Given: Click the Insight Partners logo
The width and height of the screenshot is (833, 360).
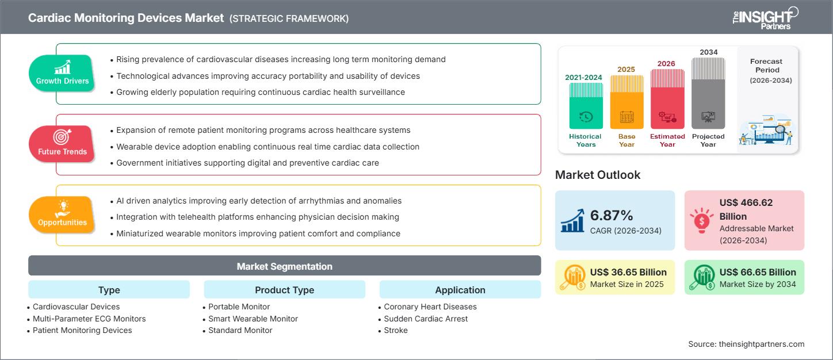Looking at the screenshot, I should pos(765,18).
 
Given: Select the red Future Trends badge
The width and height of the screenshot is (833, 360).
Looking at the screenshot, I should pos(62,144).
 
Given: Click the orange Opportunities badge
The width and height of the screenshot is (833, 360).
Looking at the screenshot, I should pos(62,215).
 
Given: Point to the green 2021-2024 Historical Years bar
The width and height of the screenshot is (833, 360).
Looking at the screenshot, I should pos(586,106).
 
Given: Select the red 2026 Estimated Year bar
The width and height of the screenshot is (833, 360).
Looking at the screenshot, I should pos(667,99).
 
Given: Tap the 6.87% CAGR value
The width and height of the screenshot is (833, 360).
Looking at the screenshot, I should pos(612,216).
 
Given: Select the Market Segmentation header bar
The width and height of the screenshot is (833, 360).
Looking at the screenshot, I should pos(284,266).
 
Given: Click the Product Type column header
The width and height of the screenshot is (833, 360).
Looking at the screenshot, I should pos(284,290).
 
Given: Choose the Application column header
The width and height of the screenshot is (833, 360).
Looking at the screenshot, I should pos(460,290).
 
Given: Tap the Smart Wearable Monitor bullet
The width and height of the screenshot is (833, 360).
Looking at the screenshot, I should pos(253,319).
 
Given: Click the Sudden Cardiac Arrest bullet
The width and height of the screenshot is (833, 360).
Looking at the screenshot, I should pos(426,319).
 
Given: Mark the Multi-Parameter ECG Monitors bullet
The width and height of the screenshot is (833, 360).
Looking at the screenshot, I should pos(89,319).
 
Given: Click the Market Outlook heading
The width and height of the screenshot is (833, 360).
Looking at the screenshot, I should pos(597,175).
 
